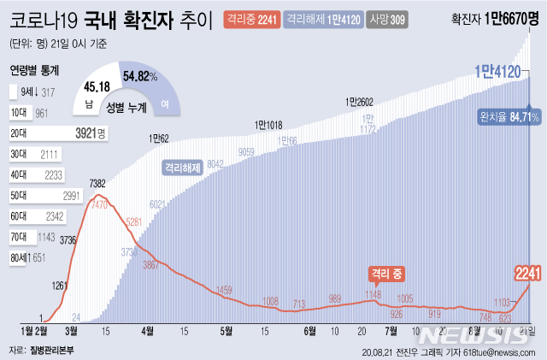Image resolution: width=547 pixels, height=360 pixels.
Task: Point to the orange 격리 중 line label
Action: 386,274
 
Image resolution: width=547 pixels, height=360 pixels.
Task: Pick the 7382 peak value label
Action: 97,184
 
